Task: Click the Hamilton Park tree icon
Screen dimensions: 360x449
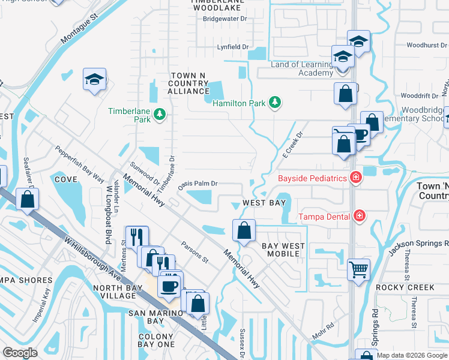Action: pyautogui.click(x=274, y=103)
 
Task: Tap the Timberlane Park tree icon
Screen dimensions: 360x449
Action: pyautogui.click(x=160, y=114)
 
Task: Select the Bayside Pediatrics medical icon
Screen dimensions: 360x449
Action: pyautogui.click(x=356, y=178)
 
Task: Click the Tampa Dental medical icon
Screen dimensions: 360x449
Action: pyautogui.click(x=360, y=216)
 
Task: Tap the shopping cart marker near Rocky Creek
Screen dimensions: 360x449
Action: pyautogui.click(x=358, y=269)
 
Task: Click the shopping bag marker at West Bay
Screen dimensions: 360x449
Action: pyautogui.click(x=244, y=230)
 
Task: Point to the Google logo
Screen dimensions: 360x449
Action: pyautogui.click(x=20, y=353)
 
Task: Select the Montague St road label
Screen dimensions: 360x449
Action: pyautogui.click(x=79, y=31)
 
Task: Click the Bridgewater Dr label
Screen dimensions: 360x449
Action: pyautogui.click(x=225, y=19)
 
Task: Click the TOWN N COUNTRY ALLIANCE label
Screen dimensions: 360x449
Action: pyautogui.click(x=188, y=83)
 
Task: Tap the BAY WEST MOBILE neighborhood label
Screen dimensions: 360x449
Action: pyautogui.click(x=283, y=250)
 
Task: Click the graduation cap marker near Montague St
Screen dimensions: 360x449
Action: pyautogui.click(x=94, y=80)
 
